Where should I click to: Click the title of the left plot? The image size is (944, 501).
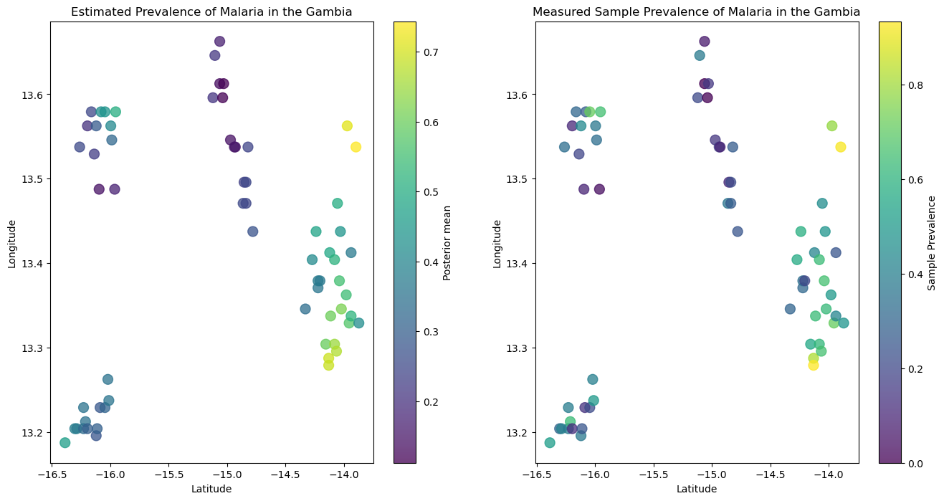pos(211,12)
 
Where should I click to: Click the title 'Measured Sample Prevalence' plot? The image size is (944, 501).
pos(696,12)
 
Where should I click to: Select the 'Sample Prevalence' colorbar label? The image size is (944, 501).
pos(932,242)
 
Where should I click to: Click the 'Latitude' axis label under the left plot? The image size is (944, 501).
pos(211,489)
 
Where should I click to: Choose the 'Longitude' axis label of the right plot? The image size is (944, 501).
pos(497,243)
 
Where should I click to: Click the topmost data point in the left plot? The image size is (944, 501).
pos(219,42)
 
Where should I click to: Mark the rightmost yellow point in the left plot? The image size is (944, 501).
pos(356,147)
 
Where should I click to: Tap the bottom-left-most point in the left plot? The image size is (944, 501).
pos(65,443)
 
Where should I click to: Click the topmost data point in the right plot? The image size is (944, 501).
pos(704,42)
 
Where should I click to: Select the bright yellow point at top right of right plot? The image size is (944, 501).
pos(840,147)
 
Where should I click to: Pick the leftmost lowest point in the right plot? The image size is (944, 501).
pos(550,443)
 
